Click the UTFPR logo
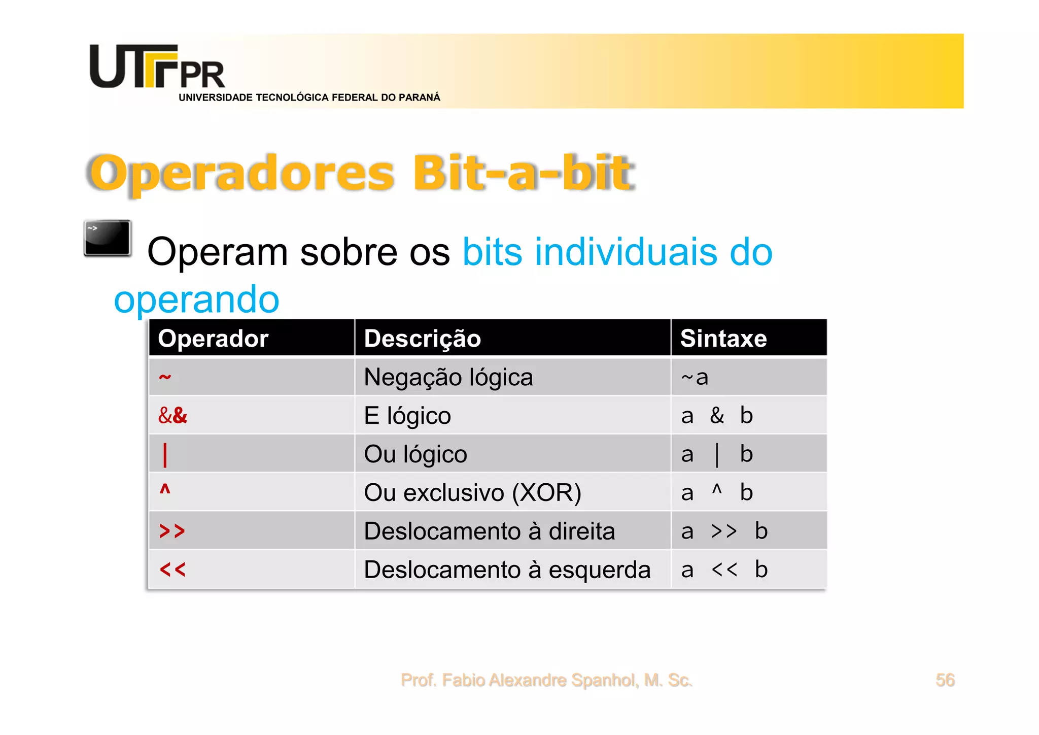157,68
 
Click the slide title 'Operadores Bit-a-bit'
361,173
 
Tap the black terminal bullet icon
108,238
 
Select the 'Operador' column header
213,339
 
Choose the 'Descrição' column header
422,339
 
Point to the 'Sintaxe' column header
723,339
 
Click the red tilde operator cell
165,377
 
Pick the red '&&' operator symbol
172,416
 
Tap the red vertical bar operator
165,454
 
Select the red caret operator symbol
165,489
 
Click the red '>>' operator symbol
172,531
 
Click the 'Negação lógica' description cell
448,377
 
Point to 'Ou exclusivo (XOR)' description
472,493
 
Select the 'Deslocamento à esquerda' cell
507,570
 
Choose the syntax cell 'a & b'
717,416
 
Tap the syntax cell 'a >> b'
724,531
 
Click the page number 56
945,680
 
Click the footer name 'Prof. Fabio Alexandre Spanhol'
546,680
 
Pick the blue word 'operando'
197,299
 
